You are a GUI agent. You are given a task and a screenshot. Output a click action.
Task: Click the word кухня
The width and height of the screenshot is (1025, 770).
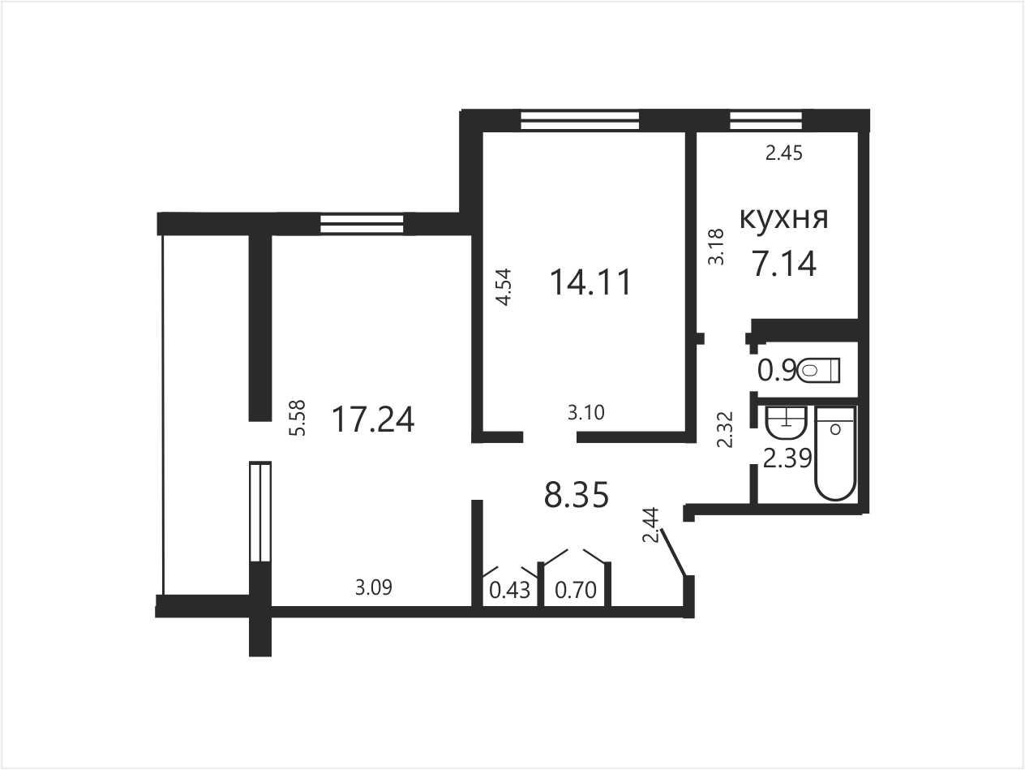coord(784,218)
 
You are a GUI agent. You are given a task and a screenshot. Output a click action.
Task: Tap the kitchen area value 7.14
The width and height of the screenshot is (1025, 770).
coord(784,265)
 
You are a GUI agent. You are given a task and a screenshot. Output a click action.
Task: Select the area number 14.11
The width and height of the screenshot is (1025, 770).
coord(590,282)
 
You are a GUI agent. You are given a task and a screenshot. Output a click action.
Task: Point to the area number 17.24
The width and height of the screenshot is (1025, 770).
coord(373,419)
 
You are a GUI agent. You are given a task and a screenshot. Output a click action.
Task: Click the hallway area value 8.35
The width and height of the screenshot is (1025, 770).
coord(577,495)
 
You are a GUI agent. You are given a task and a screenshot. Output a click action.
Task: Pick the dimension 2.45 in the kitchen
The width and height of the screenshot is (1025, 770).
coord(784,153)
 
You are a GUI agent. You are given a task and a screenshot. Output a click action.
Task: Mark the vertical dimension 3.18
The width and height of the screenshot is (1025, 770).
coord(716,247)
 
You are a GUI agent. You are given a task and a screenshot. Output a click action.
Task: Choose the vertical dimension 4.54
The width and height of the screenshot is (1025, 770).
coord(504,287)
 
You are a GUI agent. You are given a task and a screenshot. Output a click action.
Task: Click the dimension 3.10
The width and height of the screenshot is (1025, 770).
coord(586,412)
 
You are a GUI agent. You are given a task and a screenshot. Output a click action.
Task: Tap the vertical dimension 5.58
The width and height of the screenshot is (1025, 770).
coord(298,418)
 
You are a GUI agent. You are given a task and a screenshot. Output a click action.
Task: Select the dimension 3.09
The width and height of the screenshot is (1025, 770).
coord(374,587)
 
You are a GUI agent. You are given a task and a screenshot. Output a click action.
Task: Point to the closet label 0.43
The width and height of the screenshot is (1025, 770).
coord(510,590)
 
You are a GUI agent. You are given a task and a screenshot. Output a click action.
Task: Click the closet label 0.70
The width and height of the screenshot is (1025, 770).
coord(576,590)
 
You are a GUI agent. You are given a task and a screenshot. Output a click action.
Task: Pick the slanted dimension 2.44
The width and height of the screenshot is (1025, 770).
coord(651,525)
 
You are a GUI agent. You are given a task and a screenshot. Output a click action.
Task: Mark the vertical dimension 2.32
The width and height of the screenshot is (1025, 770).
coord(725,429)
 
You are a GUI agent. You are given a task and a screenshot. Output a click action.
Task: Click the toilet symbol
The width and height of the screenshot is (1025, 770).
coord(819,371)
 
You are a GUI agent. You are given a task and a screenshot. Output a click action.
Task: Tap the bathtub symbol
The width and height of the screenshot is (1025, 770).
coord(836,454)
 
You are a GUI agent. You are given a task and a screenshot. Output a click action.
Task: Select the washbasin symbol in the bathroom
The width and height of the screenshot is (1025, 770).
coord(787,423)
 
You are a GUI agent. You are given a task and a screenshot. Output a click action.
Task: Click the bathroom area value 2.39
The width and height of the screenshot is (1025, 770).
coord(787,459)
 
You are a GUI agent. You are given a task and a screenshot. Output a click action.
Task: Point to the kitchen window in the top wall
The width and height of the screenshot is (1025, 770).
coord(766,121)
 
